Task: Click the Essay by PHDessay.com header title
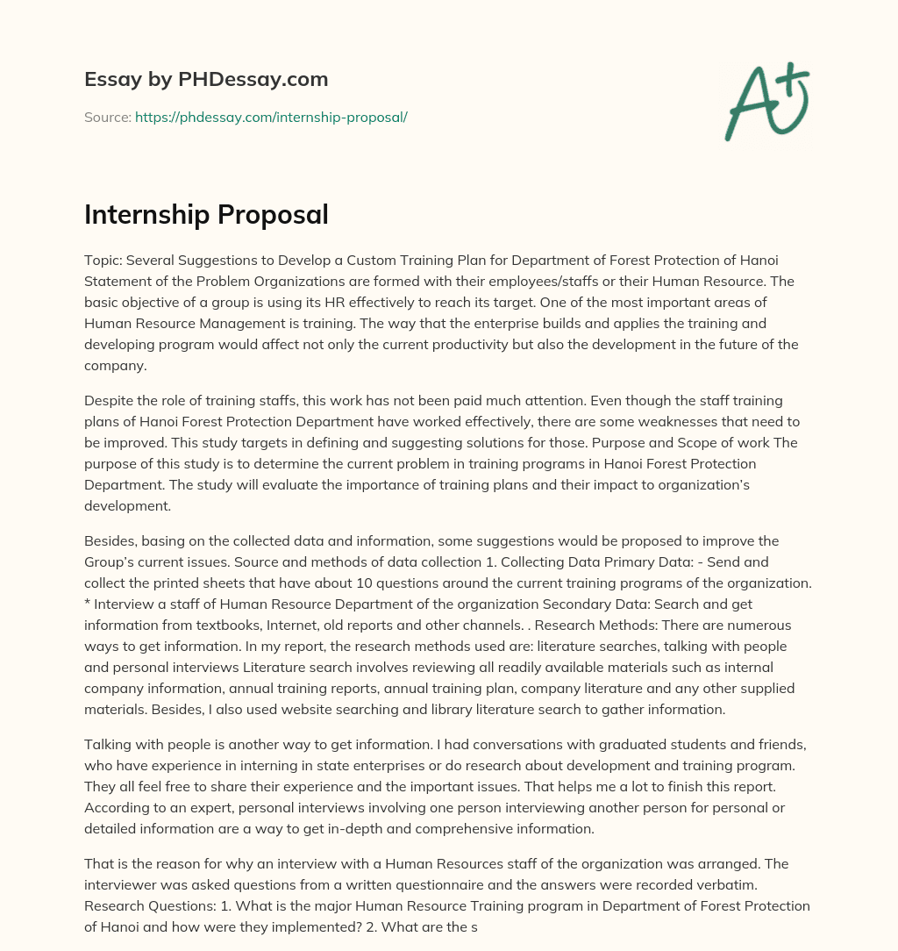(x=206, y=80)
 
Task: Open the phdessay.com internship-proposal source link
(x=271, y=117)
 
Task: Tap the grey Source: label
(x=107, y=117)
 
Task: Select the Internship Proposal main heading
(x=206, y=214)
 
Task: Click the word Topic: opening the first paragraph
(x=105, y=261)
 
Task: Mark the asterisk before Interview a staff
(x=88, y=604)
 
